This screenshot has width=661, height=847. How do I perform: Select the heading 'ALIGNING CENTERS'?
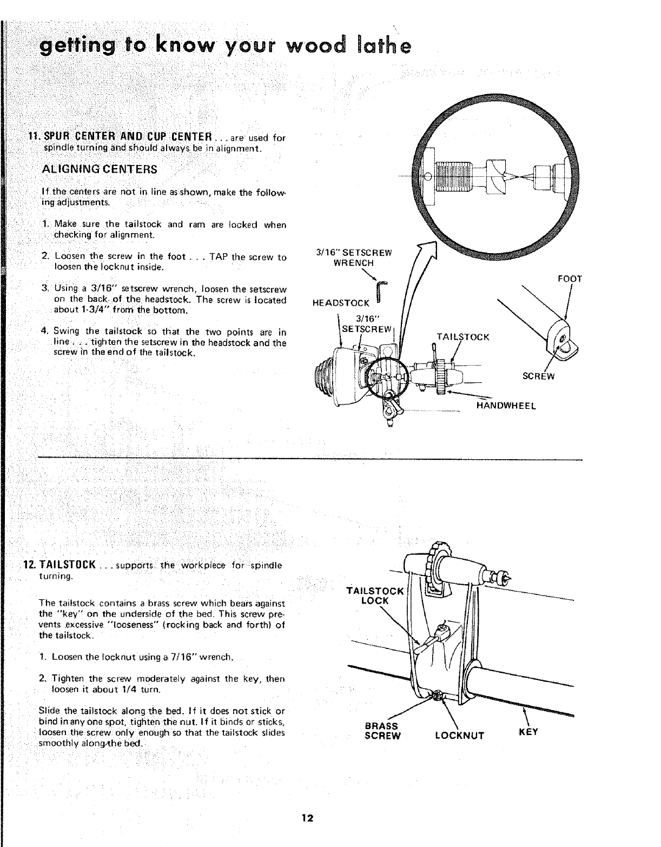point(100,169)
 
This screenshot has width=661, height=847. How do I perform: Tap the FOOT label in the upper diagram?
point(569,280)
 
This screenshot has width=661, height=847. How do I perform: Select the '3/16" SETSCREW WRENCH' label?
point(354,257)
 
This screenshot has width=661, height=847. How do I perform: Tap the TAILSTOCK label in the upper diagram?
point(462,337)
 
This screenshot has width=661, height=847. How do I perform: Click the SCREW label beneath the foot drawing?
point(538,376)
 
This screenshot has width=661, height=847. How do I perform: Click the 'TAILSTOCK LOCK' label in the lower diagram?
point(374,595)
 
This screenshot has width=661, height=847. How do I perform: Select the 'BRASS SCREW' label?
point(382,731)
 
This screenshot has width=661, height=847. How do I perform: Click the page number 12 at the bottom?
point(308,817)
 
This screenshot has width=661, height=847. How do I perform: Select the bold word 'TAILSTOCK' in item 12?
point(67,565)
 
